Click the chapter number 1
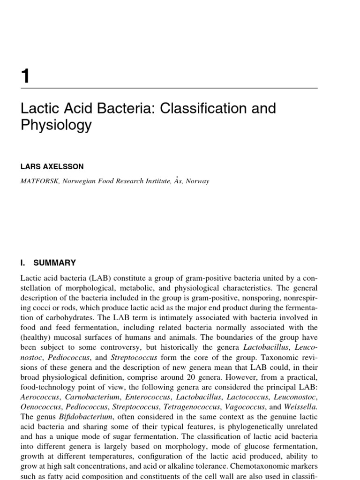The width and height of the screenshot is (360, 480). point(25,75)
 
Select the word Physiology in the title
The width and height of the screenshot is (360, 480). point(56,126)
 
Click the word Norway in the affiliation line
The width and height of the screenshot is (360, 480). point(197,181)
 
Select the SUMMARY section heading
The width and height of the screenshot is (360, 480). point(54,263)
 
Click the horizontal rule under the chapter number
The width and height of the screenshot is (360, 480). point(169,88)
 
